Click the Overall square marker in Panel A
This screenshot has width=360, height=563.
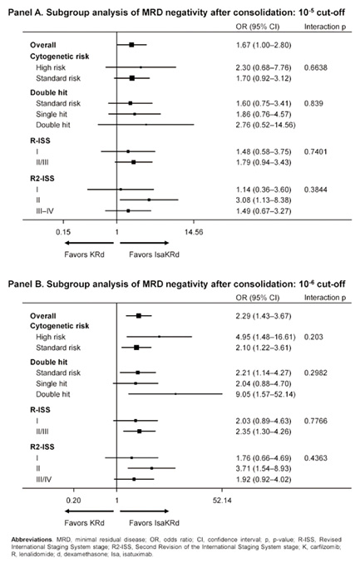[131, 45]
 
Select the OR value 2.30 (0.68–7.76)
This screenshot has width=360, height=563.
[264, 67]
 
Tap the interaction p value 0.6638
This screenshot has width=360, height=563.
[315, 67]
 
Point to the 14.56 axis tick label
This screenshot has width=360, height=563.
[194, 232]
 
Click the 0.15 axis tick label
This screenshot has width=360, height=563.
[63, 232]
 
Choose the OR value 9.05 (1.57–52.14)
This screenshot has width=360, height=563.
[265, 394]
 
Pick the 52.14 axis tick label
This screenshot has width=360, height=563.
[222, 500]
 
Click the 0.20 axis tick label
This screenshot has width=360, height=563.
[73, 500]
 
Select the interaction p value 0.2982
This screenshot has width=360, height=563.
[315, 373]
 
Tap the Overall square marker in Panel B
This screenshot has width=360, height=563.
[139, 316]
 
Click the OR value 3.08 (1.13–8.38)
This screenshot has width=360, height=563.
[264, 200]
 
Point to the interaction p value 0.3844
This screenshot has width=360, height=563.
[315, 190]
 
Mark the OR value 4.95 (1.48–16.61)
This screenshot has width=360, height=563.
[265, 337]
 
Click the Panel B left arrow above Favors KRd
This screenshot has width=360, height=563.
[89, 511]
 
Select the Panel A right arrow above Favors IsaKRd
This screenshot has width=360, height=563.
[145, 243]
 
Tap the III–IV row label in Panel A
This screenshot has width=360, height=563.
[45, 211]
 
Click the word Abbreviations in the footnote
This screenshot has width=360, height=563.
[32, 540]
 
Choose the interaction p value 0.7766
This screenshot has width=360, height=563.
[315, 421]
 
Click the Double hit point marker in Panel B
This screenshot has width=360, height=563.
[175, 394]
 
